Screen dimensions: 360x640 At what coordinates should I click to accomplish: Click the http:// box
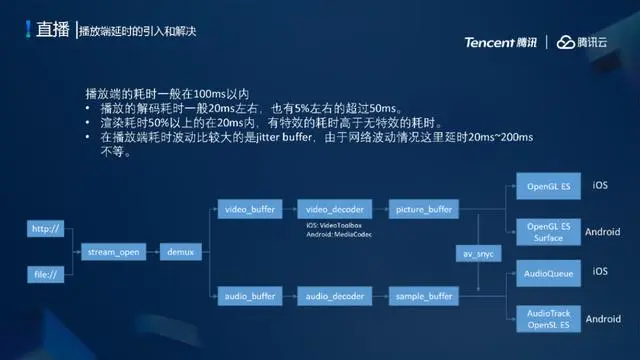46,230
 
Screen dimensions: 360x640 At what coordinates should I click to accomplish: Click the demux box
180,251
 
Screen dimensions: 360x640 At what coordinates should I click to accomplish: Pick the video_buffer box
249,210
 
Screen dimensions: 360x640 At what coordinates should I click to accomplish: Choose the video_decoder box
334,210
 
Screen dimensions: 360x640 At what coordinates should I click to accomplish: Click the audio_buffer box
249,296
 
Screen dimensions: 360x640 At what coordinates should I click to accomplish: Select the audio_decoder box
334,296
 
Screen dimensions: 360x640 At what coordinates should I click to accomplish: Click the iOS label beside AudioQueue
600,271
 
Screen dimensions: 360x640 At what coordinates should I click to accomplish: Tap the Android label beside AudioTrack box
603,319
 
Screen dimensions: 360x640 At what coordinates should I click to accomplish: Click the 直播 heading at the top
52,30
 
